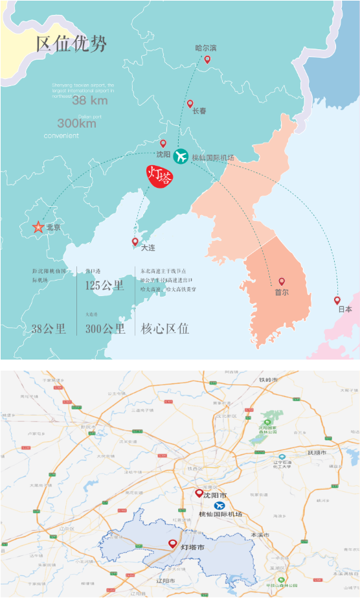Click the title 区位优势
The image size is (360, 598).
(x=71, y=43)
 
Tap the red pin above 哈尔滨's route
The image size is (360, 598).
(x=207, y=60)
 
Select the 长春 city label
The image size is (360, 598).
(x=199, y=111)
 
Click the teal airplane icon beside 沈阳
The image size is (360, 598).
(x=180, y=156)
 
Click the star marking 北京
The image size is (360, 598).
(x=38, y=227)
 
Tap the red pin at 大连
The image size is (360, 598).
(x=135, y=242)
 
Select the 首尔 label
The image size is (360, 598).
(x=282, y=292)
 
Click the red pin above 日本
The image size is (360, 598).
(x=337, y=300)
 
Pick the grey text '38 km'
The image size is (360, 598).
(x=90, y=100)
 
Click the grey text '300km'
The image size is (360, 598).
(x=76, y=123)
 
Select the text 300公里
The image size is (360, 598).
(x=105, y=328)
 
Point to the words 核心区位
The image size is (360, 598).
(x=165, y=328)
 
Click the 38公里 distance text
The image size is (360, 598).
(x=49, y=328)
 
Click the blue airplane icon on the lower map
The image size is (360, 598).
(x=220, y=505)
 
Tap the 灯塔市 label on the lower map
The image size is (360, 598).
(x=192, y=547)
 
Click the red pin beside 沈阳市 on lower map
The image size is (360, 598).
(x=199, y=492)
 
